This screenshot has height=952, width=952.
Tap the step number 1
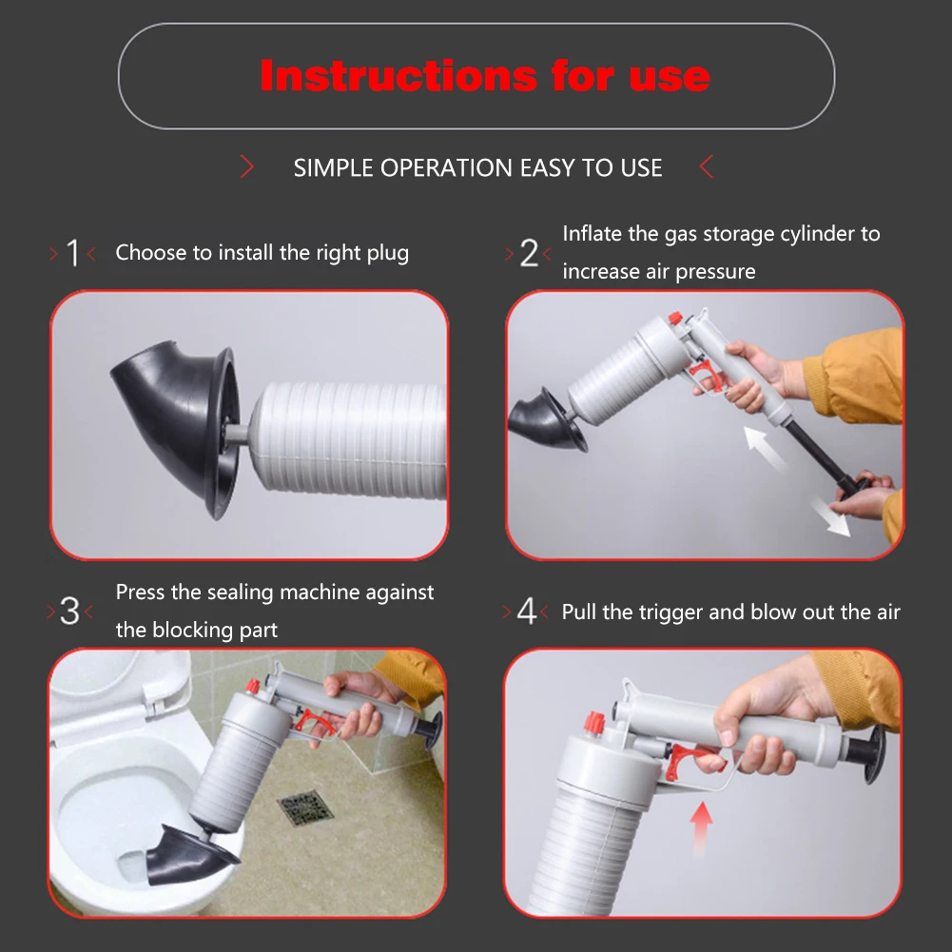coord(73,254)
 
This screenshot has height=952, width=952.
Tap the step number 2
coord(529,254)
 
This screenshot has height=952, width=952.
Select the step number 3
coord(70,612)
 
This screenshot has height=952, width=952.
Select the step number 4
coord(526,612)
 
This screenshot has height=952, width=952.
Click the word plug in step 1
coord(388,253)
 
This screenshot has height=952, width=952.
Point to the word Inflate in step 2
coord(593,234)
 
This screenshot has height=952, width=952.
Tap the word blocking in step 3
coord(193,630)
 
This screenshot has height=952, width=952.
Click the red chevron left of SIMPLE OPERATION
coord(247,168)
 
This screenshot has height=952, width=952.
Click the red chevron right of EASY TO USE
coord(706,168)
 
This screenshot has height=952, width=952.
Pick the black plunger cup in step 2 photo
coord(543,419)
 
